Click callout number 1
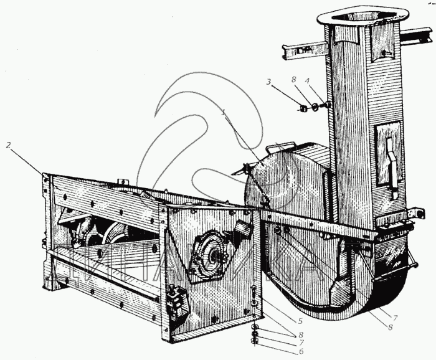coord(224,113)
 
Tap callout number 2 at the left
coord(9,144)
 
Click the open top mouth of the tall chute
coord(352,16)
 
